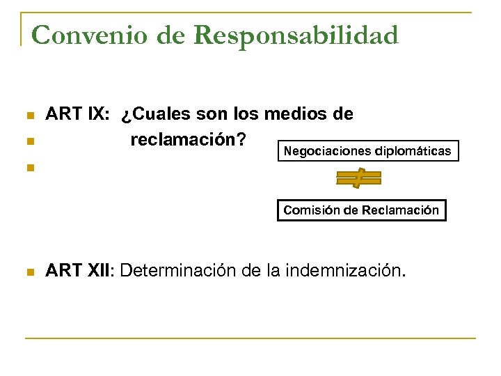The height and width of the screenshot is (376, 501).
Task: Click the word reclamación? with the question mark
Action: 188,140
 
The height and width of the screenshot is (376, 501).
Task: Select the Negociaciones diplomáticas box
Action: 367,151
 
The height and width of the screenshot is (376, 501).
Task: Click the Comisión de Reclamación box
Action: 361,210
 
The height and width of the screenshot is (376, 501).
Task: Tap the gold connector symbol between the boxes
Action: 358,180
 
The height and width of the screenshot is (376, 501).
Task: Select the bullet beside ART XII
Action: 29,272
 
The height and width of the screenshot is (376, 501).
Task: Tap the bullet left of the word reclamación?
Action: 29,142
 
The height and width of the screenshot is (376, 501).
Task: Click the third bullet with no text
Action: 29,168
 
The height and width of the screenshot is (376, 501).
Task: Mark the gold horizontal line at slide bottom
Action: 250,338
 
